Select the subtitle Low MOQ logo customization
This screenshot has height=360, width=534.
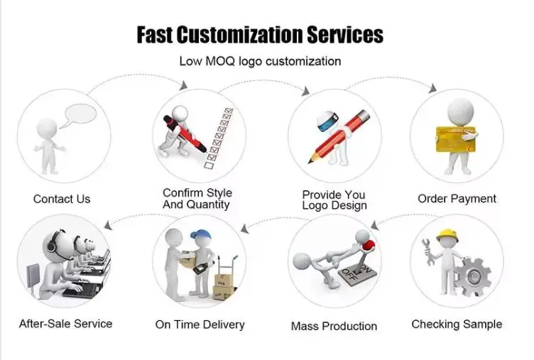(260, 61)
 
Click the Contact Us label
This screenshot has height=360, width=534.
(62, 199)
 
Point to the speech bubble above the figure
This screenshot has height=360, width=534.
(80, 115)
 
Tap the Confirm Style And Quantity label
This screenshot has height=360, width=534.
(197, 199)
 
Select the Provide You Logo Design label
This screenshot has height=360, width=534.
(334, 200)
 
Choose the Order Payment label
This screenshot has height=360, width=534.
(457, 198)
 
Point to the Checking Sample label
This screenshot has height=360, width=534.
(457, 324)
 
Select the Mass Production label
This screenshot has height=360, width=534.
(334, 327)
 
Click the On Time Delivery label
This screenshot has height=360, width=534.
(200, 324)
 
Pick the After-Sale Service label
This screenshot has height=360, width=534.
(65, 324)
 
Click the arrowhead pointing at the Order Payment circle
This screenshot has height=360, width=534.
(432, 88)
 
